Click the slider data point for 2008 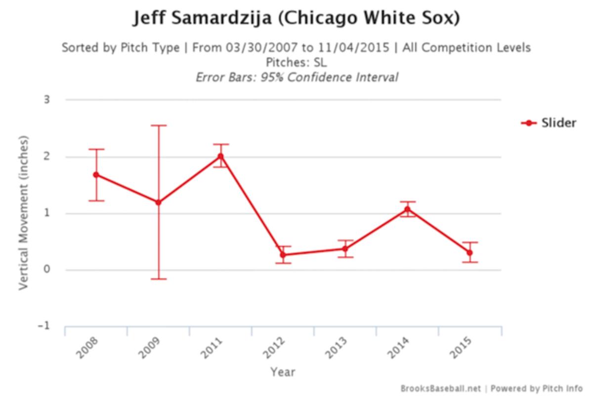point(96,175)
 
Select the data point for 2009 point(158,202)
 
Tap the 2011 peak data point point(220,156)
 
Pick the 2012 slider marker point(283,255)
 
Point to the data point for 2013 point(345,248)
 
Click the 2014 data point point(407,209)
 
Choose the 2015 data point point(469,252)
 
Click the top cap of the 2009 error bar point(158,125)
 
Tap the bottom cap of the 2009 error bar point(158,279)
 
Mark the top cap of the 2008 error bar point(96,149)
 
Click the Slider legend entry point(549,123)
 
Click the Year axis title point(283,371)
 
